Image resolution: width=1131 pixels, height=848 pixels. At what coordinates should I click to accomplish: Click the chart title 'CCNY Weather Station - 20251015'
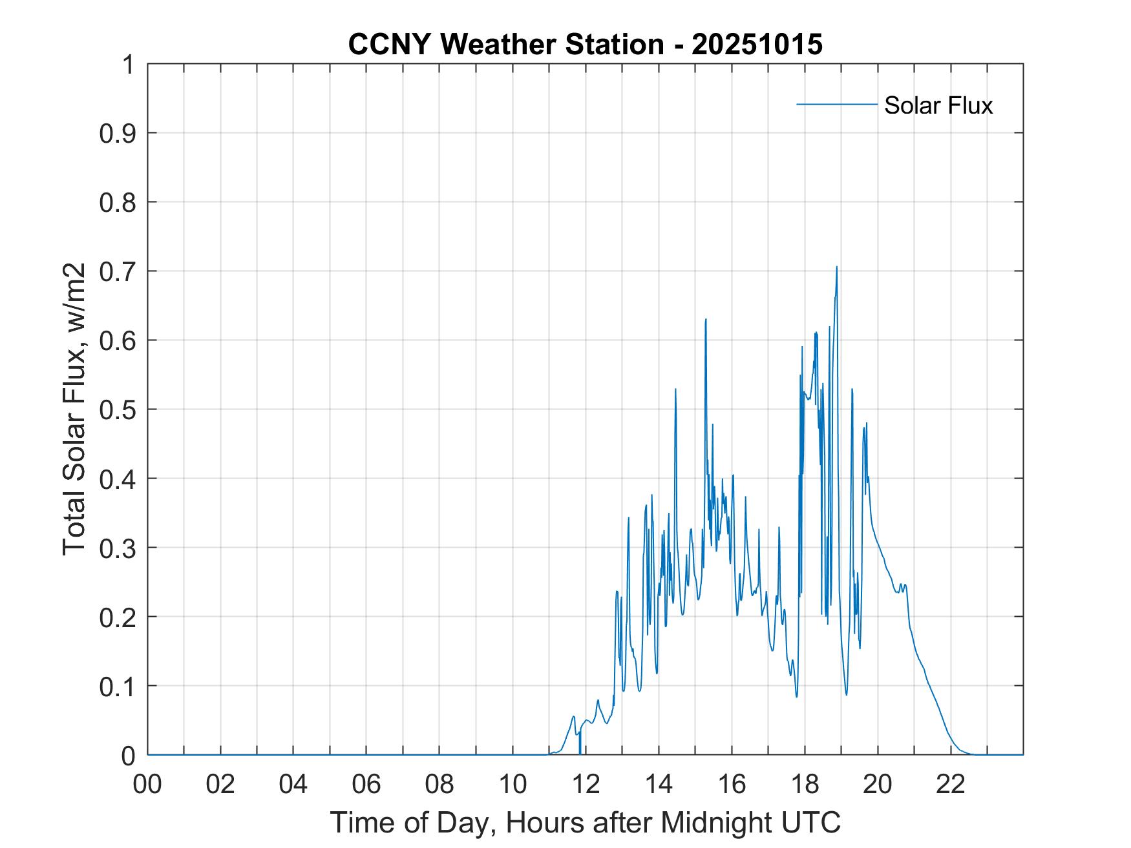tap(585, 45)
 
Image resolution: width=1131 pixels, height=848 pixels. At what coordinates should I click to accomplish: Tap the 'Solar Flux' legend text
tap(938, 105)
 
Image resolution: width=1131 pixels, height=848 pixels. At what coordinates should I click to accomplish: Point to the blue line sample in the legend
tap(836, 104)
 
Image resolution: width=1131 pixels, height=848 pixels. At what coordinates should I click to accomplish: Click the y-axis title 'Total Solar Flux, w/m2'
tap(75, 409)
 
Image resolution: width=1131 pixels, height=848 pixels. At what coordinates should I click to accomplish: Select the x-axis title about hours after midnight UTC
tap(585, 822)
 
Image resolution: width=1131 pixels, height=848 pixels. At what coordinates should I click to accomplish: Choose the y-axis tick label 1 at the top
tap(129, 65)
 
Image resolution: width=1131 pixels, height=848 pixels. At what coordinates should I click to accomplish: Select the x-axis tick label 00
tap(147, 785)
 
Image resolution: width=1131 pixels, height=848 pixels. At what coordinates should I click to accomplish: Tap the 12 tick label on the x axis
tap(586, 785)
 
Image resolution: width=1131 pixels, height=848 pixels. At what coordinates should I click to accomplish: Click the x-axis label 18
tap(805, 785)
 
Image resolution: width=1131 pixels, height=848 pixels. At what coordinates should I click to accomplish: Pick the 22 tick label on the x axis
tap(951, 785)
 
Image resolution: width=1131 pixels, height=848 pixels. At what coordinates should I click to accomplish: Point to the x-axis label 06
tap(366, 785)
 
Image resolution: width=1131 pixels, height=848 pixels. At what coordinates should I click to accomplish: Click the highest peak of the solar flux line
tap(836, 267)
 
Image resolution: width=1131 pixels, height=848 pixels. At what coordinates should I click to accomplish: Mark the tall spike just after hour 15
tap(706, 320)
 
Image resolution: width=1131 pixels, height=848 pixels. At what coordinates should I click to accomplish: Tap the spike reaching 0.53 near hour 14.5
tap(675, 389)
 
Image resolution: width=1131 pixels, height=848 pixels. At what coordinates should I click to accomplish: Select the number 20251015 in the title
tap(757, 45)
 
